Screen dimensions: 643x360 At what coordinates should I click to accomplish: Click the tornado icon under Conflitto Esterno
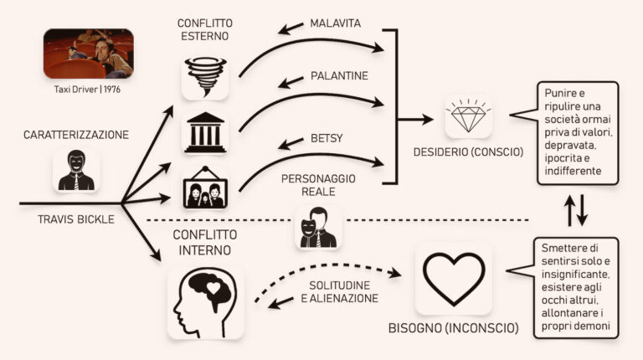205,77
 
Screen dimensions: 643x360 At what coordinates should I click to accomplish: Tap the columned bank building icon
205,132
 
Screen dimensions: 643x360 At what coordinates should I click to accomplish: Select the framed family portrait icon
205,188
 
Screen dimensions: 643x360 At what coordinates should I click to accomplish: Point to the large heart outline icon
454,279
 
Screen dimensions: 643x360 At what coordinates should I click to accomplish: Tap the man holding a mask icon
318,228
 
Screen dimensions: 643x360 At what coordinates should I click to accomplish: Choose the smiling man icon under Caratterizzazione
76,170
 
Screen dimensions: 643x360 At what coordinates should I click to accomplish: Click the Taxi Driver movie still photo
89,54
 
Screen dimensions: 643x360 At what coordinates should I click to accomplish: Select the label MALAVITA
336,23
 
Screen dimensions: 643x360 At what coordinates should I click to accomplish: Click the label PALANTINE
340,76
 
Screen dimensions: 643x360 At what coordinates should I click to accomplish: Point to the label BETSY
327,138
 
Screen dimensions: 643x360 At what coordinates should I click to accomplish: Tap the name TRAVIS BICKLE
76,219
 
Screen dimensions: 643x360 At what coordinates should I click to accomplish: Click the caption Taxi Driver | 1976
87,89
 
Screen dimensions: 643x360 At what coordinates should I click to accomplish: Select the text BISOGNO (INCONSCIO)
454,328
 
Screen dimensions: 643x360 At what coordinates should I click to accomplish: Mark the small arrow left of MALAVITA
291,28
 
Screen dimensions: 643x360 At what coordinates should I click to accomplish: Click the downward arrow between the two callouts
583,209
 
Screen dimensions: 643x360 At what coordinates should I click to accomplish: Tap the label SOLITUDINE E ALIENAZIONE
340,292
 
